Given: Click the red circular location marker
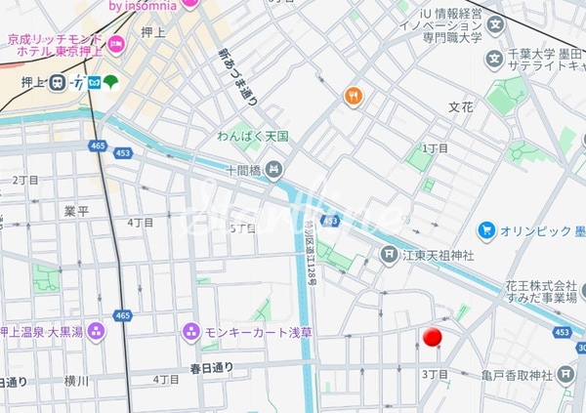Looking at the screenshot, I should tap(432, 338).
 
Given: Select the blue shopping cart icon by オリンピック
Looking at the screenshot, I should tap(486, 230).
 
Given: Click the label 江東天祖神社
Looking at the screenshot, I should tap(439, 255).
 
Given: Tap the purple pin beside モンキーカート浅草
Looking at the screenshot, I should tap(191, 332).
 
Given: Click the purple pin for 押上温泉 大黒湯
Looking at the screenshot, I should tap(96, 332).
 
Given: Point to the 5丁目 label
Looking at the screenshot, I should tap(242, 228).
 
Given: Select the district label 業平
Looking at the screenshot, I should tap(76, 211).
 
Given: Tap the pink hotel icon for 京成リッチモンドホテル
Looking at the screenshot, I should tap(117, 44).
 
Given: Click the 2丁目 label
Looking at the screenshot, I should tap(24, 181).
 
